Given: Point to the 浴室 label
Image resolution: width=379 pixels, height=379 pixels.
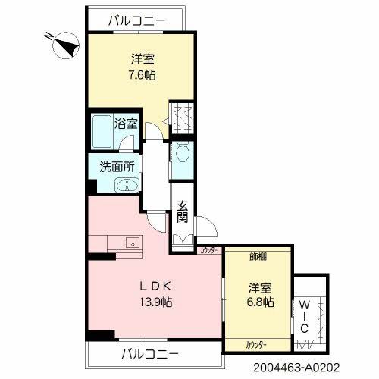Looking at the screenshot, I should click(x=126, y=123).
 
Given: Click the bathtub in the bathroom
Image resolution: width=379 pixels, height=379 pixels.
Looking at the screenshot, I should click(x=102, y=132).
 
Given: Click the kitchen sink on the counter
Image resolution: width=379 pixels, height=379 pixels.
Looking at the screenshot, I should click(x=130, y=244).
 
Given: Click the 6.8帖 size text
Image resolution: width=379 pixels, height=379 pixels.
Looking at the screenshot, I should click(x=261, y=302).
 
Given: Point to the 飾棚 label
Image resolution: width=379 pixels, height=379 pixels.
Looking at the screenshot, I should click(x=257, y=256).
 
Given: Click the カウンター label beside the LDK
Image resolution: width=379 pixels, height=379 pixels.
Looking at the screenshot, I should click(x=208, y=249).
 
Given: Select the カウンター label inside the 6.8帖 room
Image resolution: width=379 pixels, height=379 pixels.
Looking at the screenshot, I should click(x=255, y=344).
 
